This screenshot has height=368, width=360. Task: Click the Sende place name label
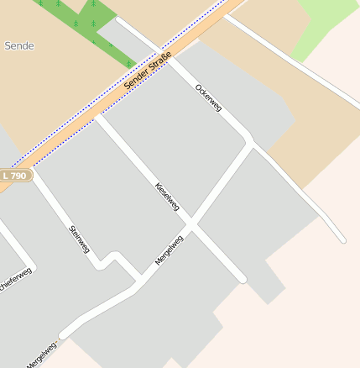19,45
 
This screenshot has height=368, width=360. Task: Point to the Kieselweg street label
167,197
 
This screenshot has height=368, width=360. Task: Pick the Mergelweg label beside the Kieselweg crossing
169,250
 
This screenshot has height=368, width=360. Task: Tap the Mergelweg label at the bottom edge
40,355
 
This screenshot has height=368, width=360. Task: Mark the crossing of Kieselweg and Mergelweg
191,225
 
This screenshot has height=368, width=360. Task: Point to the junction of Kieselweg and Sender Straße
98,116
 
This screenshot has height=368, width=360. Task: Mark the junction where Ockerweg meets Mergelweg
250,143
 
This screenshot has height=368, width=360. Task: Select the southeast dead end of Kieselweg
243,278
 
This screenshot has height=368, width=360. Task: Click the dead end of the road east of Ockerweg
342,240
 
